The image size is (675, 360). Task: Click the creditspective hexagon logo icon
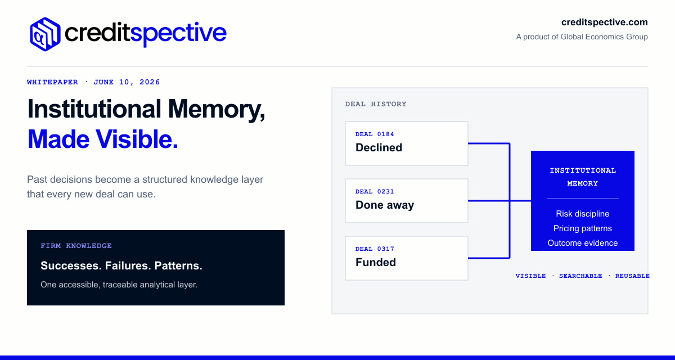[45, 34]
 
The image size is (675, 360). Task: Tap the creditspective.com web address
[604, 22]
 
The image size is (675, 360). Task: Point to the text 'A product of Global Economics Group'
[582, 37]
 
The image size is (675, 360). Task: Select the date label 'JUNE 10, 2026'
[127, 82]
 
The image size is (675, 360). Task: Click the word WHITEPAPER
[52, 82]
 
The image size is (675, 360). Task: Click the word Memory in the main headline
[217, 109]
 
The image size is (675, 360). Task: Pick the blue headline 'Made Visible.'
[103, 139]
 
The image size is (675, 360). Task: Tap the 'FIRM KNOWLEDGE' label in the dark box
[76, 246]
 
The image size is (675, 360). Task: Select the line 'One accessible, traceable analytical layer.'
[119, 285]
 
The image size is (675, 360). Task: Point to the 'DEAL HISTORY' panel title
[376, 104]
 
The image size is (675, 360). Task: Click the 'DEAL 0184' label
[375, 134]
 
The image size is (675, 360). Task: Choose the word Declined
[379, 147]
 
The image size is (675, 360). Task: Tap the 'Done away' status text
[385, 205]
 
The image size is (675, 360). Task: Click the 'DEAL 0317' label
[375, 249]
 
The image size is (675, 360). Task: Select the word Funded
[376, 262]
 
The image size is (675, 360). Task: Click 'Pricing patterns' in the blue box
[583, 228]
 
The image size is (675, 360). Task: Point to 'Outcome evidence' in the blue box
[583, 243]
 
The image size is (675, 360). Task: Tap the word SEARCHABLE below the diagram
[580, 276]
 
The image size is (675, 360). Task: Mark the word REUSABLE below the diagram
[632, 276]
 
